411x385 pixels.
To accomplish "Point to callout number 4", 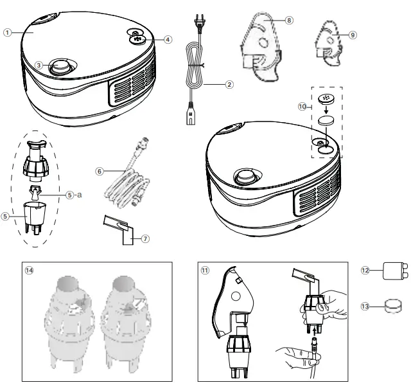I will click(x=168, y=39).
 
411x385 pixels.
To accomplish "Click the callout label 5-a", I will click(x=71, y=193).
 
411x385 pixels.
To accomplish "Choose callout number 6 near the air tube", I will click(x=100, y=171).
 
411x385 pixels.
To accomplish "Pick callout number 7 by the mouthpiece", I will click(x=146, y=239).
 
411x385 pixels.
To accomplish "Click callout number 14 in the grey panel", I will click(x=29, y=270).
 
